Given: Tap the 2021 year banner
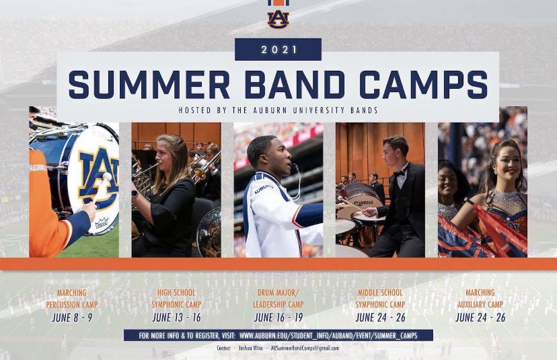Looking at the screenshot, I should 278,50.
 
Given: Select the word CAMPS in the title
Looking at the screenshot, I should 423,85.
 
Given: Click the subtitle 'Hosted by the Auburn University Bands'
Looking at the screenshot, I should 278,110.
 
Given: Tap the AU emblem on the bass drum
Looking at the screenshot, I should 98,176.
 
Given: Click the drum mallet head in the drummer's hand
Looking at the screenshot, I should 106,177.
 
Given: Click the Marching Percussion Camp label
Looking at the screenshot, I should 69,299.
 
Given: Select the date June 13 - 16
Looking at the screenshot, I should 176,318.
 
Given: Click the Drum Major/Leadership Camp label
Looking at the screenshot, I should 278,299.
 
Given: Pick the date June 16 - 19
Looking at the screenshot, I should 278,318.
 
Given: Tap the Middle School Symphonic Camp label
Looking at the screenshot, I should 380,299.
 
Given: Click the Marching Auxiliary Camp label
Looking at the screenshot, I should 480,299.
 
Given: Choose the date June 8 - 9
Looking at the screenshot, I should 69,318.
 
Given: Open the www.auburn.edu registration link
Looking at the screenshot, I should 334,335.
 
